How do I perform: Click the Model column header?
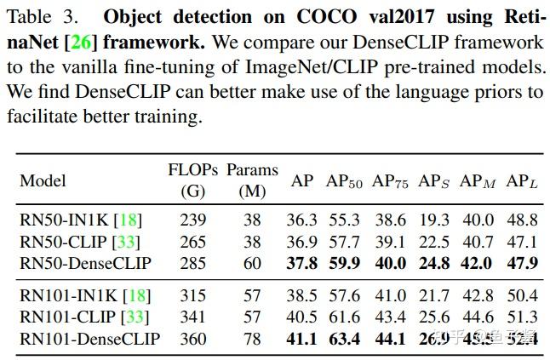pos(43,181)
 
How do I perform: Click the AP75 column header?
pos(391,181)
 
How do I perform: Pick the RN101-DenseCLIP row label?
pos(89,339)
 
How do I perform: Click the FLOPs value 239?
pos(193,220)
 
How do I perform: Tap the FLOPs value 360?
pos(193,339)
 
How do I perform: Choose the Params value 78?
pos(252,339)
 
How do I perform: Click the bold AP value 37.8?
pos(302,262)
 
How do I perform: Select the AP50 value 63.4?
pos(344,339)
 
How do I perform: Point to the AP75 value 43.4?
pos(391,317)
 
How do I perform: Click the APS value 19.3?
pos(434,220)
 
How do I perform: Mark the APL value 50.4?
pos(521,296)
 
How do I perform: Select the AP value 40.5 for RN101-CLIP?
pos(302,317)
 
